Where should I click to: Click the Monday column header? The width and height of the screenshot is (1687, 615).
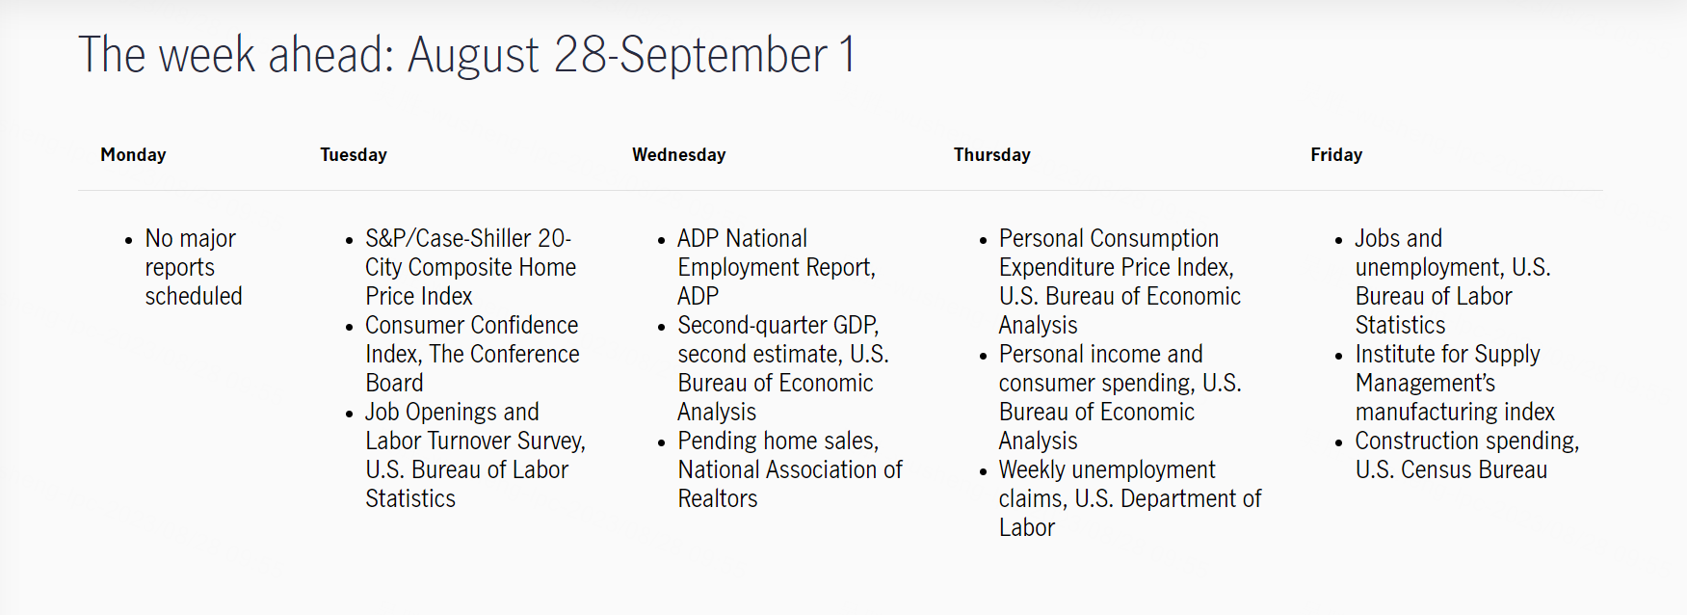133,154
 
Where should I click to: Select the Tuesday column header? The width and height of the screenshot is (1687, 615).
354,154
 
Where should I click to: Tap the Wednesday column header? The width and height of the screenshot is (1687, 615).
679,154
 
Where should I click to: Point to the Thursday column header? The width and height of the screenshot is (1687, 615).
992,154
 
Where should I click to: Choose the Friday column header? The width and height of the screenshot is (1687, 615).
1336,154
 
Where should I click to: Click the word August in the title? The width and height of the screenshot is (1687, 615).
473,56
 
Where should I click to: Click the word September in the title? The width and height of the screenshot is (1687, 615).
724,56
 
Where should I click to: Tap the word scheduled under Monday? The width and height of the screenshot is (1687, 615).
194,296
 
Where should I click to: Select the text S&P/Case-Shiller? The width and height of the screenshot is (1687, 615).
448,238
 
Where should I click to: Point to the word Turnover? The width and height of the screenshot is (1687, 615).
469,441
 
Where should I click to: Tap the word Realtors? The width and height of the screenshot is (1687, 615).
718,498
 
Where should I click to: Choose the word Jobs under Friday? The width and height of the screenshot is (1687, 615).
1377,238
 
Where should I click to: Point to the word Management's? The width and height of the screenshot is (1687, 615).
1426,383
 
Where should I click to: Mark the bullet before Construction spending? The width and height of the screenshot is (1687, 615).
1339,442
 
